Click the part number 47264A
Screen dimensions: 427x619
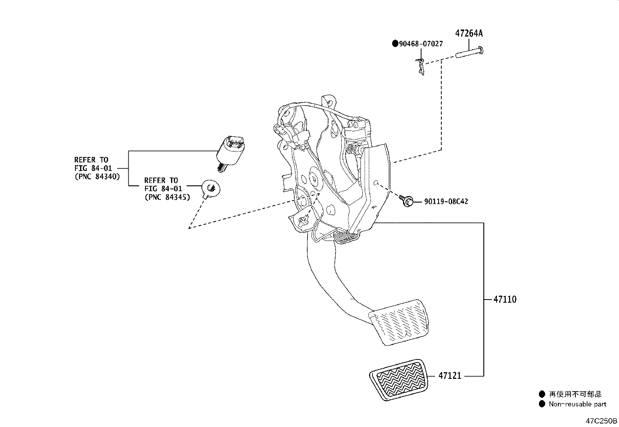tap(469, 33)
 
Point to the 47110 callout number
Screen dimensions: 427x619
tap(505, 300)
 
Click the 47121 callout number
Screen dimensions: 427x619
tap(449, 376)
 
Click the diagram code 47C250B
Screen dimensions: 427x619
tap(602, 421)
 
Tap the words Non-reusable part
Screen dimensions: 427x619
tap(577, 404)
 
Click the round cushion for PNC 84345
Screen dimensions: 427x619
tap(212, 189)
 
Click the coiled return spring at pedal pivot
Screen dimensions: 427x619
tap(344, 236)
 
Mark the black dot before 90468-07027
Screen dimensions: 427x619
tap(395, 44)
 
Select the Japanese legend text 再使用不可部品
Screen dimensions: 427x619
tap(575, 394)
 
